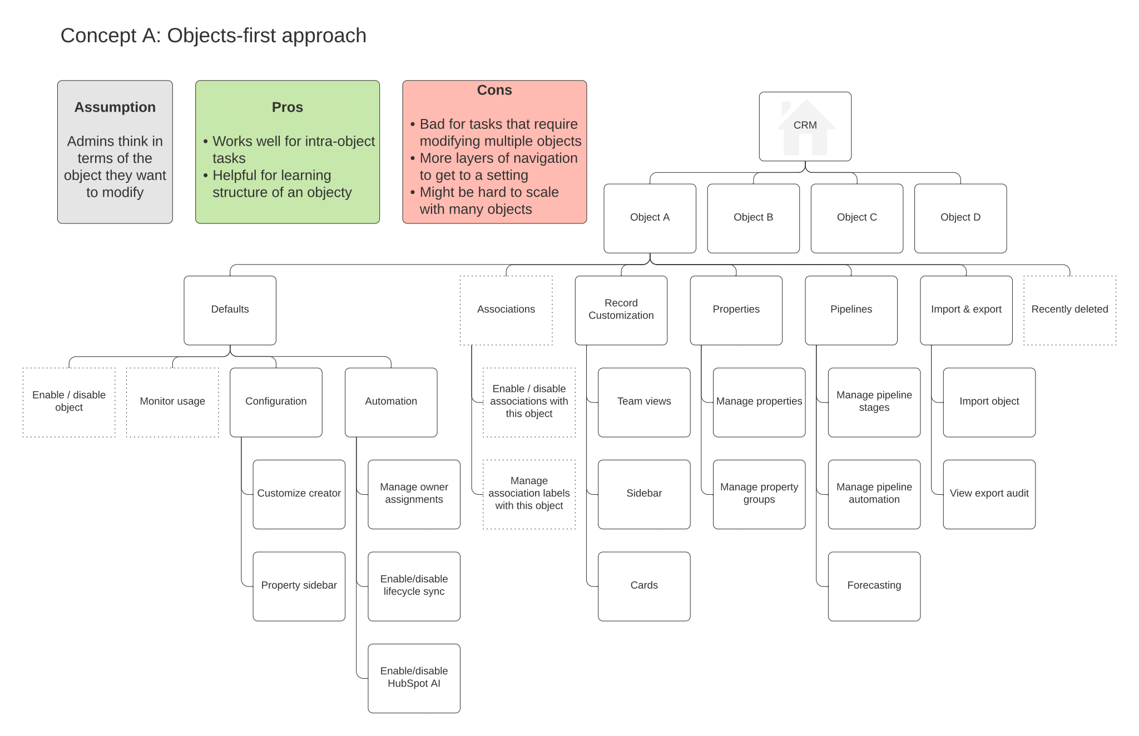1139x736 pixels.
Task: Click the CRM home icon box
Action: pos(805,126)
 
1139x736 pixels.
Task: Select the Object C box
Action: pos(856,218)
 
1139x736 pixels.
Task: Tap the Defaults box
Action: pos(230,310)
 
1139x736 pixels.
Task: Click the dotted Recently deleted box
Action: pos(1069,310)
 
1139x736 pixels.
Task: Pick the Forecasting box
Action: pos(874,586)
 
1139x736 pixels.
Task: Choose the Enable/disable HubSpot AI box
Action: pos(414,678)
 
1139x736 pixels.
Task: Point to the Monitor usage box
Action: pos(172,402)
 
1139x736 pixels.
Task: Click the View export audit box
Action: pos(989,494)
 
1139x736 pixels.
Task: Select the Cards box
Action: pos(644,586)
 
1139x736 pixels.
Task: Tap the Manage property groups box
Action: pos(759,494)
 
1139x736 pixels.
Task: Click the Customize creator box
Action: pos(299,494)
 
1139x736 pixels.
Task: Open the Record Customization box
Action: pos(621,310)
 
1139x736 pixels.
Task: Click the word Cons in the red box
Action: pos(494,90)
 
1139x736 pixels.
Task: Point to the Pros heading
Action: pos(288,107)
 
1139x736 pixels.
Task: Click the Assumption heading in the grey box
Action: pos(115,107)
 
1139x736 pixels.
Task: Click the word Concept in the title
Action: pos(99,36)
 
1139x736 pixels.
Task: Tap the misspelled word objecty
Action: pos(327,193)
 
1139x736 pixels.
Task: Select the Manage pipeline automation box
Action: pos(874,494)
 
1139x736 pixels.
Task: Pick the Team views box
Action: pos(644,402)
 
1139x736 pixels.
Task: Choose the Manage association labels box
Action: pos(529,494)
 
